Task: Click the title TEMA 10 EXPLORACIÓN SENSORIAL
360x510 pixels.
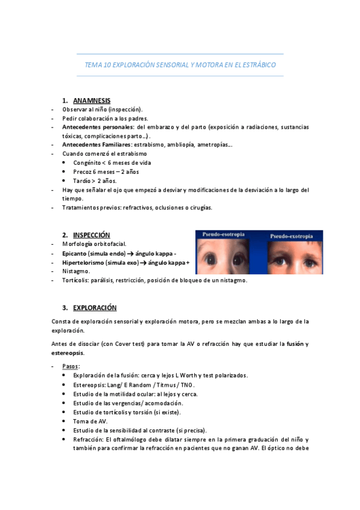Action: [x=180, y=65]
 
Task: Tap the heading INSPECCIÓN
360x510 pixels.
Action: [x=91, y=235]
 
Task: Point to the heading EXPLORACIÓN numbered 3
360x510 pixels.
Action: [x=95, y=307]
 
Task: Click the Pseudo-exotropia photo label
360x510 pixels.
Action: [x=291, y=236]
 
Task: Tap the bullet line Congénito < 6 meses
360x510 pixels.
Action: [x=112, y=163]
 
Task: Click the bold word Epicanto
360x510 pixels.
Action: [x=76, y=253]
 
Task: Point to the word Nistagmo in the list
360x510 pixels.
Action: [x=75, y=271]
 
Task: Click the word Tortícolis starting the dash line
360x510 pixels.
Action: [x=76, y=280]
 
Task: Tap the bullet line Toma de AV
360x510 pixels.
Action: [x=90, y=421]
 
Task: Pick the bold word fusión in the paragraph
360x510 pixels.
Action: [x=295, y=344]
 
